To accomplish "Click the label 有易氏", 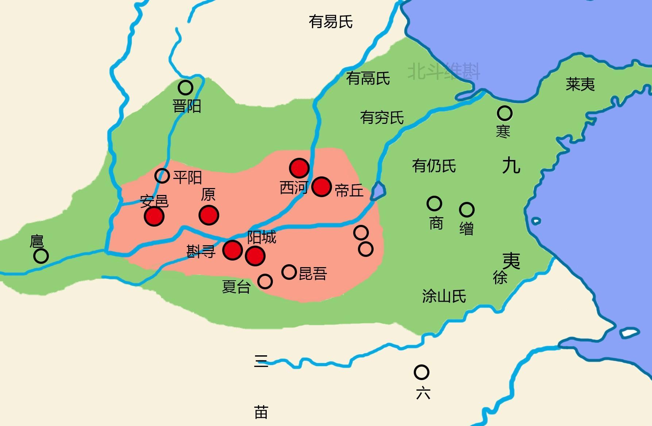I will click(x=331, y=22).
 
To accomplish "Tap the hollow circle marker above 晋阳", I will click(x=185, y=87).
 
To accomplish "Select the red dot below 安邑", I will click(x=154, y=216).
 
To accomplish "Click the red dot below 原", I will click(x=209, y=215).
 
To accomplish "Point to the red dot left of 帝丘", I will click(x=322, y=187).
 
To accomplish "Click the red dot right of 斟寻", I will click(x=232, y=250).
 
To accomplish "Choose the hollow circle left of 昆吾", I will click(x=289, y=272).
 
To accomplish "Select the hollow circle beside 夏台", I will click(x=265, y=281).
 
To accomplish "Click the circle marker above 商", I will click(x=434, y=203).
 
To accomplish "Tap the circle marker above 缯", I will click(x=467, y=210).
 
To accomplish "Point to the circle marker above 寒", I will click(x=505, y=113).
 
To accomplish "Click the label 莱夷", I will click(x=580, y=84).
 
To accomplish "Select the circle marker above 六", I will click(x=421, y=372).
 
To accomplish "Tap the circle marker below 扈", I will click(x=41, y=256).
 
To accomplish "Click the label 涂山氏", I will click(x=444, y=296).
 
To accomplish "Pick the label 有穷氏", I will click(x=382, y=117).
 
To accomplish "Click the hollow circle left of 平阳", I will click(x=162, y=176).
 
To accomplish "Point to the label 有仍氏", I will click(x=434, y=166).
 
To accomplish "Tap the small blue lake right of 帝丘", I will click(x=378, y=191).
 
